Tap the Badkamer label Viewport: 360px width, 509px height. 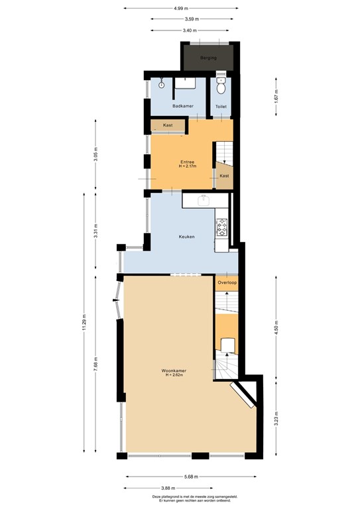(x=182, y=106)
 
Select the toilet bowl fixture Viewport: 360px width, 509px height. (x=222, y=86)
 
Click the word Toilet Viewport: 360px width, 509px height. (x=221, y=106)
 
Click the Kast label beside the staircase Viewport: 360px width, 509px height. (x=225, y=176)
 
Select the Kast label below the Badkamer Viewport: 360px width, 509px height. (x=168, y=125)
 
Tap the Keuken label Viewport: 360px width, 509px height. (x=186, y=237)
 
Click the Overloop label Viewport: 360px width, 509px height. (x=227, y=283)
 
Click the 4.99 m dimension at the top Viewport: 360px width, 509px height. (x=180, y=9)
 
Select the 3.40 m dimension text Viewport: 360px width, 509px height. (x=180, y=30)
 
